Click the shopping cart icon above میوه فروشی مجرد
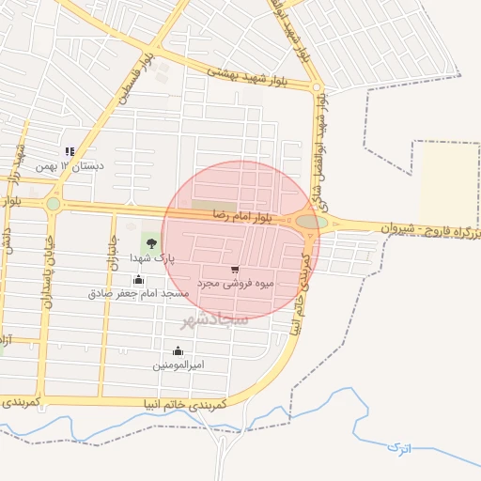pos(234,269)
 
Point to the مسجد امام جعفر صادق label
pos(139,293)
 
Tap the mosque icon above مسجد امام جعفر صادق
pos(139,279)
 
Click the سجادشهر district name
pos(215,319)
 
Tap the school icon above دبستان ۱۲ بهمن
pos(69,151)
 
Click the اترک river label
pos(398,448)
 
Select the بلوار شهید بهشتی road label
pos(230,72)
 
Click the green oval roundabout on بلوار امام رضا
pos(311,222)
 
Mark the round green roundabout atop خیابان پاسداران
pos(54,203)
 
